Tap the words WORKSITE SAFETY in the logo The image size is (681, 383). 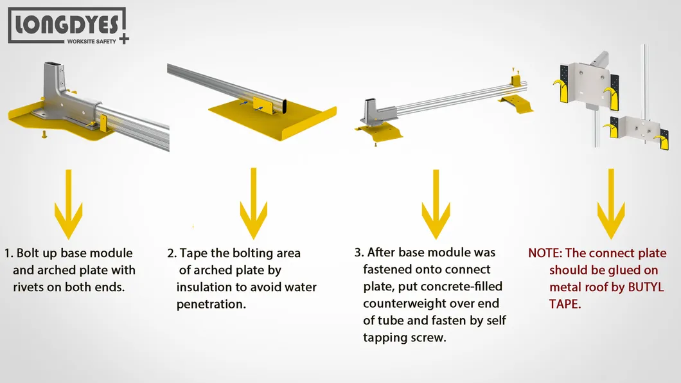click(92, 41)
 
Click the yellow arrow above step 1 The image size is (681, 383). click(68, 204)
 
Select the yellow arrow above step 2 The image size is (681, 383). click(254, 203)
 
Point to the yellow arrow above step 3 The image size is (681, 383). click(436, 204)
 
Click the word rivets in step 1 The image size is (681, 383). click(29, 287)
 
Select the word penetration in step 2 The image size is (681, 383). click(211, 305)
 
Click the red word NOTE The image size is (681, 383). click(545, 253)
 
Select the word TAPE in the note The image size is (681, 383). click(565, 305)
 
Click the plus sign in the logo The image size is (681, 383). click(124, 39)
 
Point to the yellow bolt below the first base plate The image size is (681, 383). click(44, 134)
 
